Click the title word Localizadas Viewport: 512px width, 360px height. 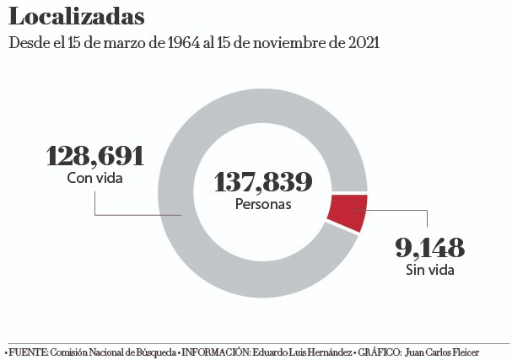[77, 16]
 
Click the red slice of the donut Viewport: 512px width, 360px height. [347, 212]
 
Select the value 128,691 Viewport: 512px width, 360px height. [94, 156]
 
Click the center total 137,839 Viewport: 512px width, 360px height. [263, 181]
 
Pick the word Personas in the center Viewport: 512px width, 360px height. [263, 204]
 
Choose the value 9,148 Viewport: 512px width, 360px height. [429, 248]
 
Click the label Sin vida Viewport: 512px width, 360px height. [429, 270]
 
